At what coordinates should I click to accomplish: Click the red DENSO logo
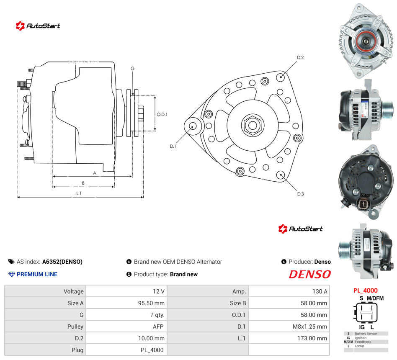(309, 274)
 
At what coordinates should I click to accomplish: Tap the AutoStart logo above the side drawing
(38, 26)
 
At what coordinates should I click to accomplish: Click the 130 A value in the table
(320, 291)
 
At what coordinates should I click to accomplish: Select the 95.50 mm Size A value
(151, 303)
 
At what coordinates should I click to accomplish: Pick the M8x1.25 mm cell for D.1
(309, 327)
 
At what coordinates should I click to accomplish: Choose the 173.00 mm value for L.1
(312, 338)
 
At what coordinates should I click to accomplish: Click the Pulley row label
(75, 327)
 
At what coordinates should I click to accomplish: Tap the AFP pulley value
(158, 327)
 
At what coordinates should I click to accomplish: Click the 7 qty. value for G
(157, 315)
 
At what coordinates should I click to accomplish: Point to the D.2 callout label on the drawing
(300, 57)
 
